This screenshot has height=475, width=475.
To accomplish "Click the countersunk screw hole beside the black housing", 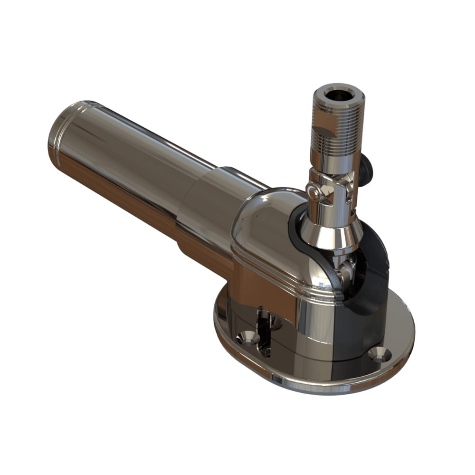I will coord(380,354).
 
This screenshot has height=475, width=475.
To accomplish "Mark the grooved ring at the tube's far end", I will coord(59,138).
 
